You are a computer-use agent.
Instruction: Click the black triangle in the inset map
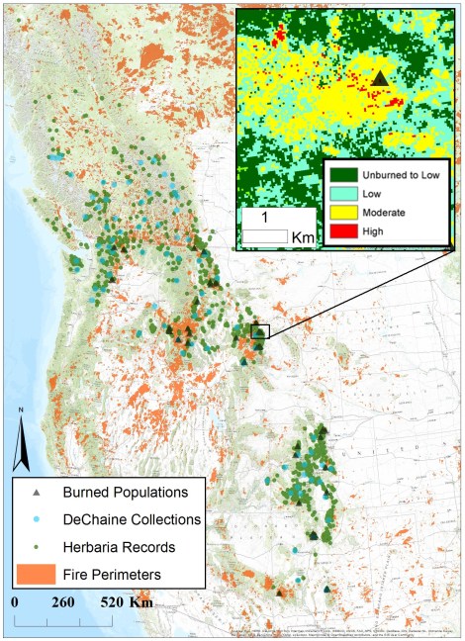381,77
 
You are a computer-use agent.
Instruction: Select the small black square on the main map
260,332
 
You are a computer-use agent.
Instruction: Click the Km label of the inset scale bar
301,235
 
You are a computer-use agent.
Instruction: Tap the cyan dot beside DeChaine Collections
38,519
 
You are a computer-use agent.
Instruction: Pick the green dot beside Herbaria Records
38,546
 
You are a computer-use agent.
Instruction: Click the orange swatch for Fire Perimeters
38,573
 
